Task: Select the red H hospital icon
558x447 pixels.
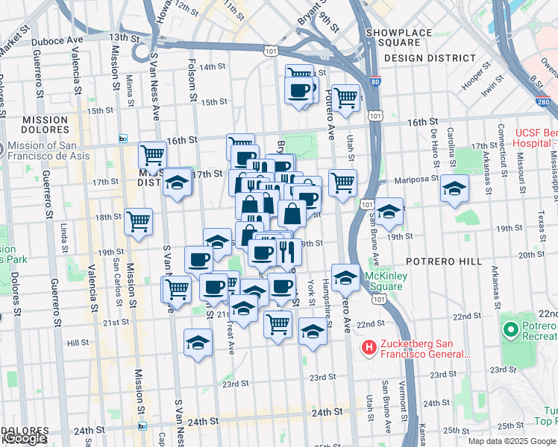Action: pyautogui.click(x=369, y=347)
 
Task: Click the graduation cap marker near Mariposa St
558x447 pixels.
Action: pyautogui.click(x=454, y=190)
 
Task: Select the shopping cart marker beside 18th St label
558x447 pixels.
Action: pyautogui.click(x=138, y=221)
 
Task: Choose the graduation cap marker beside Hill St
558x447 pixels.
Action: pyautogui.click(x=197, y=343)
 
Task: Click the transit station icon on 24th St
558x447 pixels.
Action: pyautogui.click(x=142, y=425)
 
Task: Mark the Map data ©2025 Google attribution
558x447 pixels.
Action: pyautogui.click(x=512, y=441)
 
